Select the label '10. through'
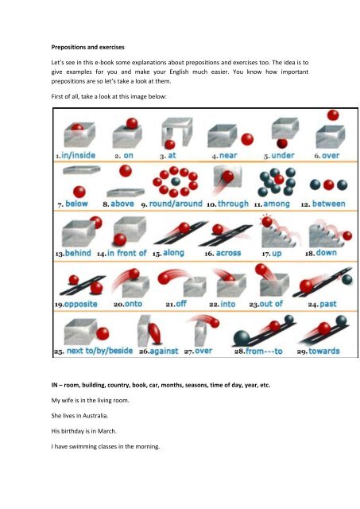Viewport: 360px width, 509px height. (227, 204)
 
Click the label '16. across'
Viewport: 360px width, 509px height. (221, 253)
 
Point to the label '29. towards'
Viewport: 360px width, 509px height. (318, 351)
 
